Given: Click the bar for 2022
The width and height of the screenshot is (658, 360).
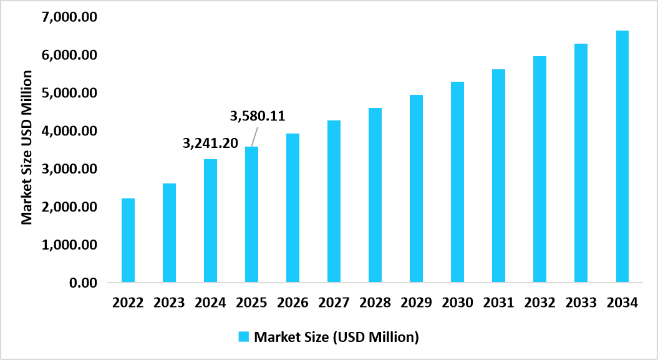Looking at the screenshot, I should coord(128,240).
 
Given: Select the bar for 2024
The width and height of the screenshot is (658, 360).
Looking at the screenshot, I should coord(210,221).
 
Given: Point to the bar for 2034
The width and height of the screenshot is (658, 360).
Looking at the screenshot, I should coord(622,157).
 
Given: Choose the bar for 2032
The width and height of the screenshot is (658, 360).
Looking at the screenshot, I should coord(539,169).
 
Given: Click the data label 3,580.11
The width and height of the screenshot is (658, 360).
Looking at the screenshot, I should coord(258,116).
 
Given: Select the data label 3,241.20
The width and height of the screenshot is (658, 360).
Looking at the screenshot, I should coord(210,144).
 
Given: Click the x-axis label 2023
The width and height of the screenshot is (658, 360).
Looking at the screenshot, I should coord(169,303).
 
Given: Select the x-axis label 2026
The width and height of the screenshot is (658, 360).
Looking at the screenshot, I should coord(293,303).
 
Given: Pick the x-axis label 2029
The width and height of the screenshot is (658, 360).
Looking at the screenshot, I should coord(416,303).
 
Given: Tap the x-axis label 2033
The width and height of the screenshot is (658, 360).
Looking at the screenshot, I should coord(581,303).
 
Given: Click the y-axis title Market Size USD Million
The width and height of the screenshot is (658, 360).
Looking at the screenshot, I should coord(27,148).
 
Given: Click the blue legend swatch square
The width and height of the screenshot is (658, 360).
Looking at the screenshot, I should coord(243,337).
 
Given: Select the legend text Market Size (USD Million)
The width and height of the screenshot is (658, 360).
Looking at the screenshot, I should coord(336,337).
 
